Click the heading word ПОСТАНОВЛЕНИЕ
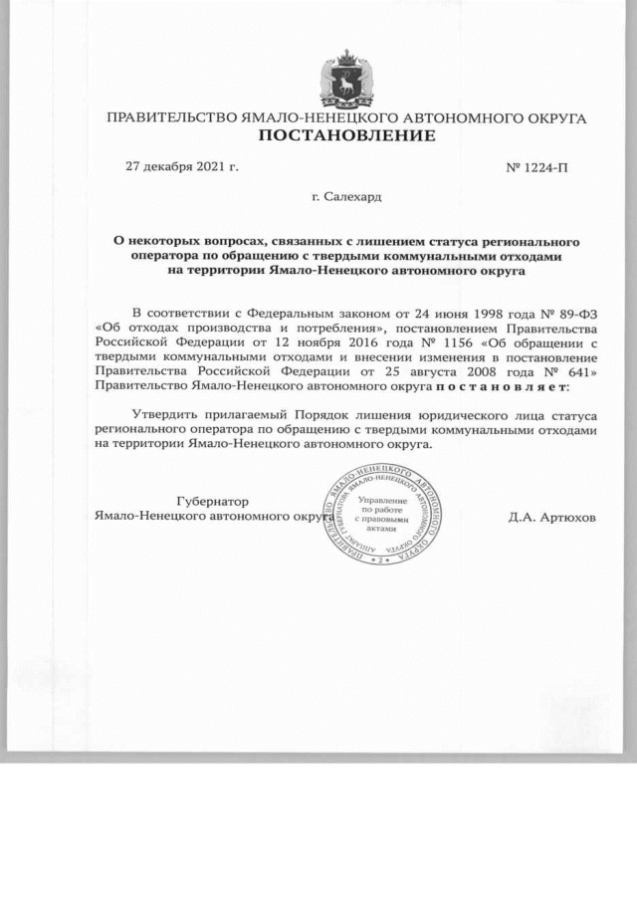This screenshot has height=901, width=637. tap(347, 135)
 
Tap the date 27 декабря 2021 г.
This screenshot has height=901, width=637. tap(181, 166)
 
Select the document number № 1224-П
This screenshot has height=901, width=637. tap(537, 166)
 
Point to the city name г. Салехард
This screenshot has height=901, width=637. tap(346, 197)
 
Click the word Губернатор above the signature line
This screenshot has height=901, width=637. tap(211, 502)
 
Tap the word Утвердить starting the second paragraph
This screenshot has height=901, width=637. tap(165, 413)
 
